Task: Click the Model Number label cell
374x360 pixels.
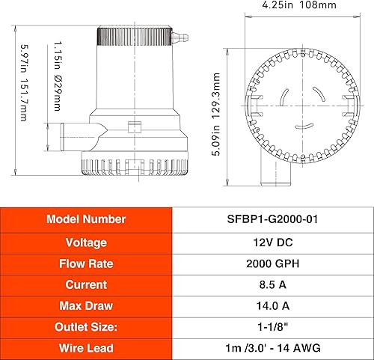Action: (86, 219)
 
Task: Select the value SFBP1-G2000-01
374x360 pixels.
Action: (273, 219)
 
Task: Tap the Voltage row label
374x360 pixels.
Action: (86, 242)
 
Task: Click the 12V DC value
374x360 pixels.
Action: (273, 242)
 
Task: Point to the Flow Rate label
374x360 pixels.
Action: (86, 263)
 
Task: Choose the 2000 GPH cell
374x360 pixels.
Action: (273, 263)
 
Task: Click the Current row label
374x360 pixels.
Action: (86, 284)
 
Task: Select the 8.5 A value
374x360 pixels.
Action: (273, 284)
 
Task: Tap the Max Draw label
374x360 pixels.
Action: (86, 305)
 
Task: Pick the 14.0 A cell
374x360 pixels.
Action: (273, 305)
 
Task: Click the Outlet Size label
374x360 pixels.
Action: (86, 326)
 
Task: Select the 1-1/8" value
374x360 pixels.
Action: (273, 326)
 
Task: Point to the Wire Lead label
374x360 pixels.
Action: (86, 347)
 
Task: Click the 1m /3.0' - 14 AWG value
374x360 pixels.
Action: (273, 347)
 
